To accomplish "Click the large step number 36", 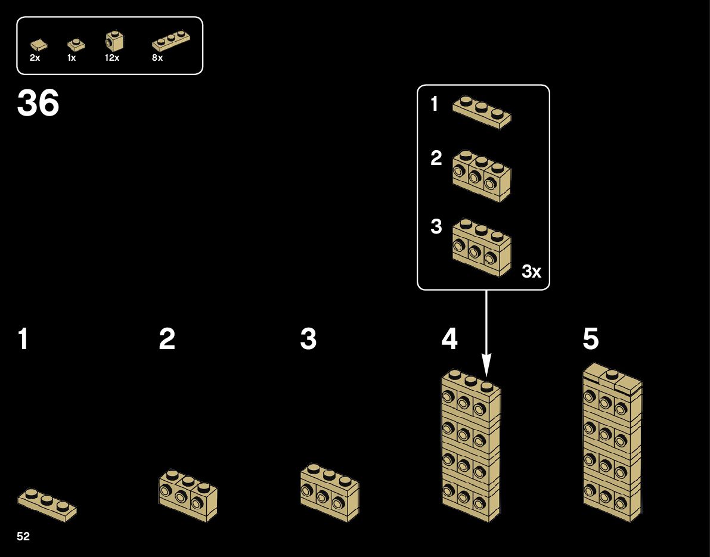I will pyautogui.click(x=38, y=103).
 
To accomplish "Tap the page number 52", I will pyautogui.click(x=23, y=537).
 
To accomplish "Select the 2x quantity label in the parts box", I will pyautogui.click(x=35, y=58).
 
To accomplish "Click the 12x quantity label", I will pyautogui.click(x=111, y=58).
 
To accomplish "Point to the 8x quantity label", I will pyautogui.click(x=157, y=58).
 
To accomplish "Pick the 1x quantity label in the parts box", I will pyautogui.click(x=72, y=58).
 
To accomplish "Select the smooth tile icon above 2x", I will pyautogui.click(x=39, y=43).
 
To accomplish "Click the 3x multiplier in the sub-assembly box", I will pyautogui.click(x=531, y=272).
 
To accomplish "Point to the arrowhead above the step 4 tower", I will pyautogui.click(x=486, y=363).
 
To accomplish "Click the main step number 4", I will pyautogui.click(x=449, y=340).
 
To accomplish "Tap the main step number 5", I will pyautogui.click(x=591, y=340).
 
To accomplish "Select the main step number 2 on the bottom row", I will pyautogui.click(x=167, y=340).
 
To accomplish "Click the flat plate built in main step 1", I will pyautogui.click(x=47, y=504).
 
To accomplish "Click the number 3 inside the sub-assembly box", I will pyautogui.click(x=436, y=227).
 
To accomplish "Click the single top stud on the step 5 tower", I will pyautogui.click(x=612, y=374).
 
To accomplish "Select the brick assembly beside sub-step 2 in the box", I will pyautogui.click(x=482, y=175).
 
